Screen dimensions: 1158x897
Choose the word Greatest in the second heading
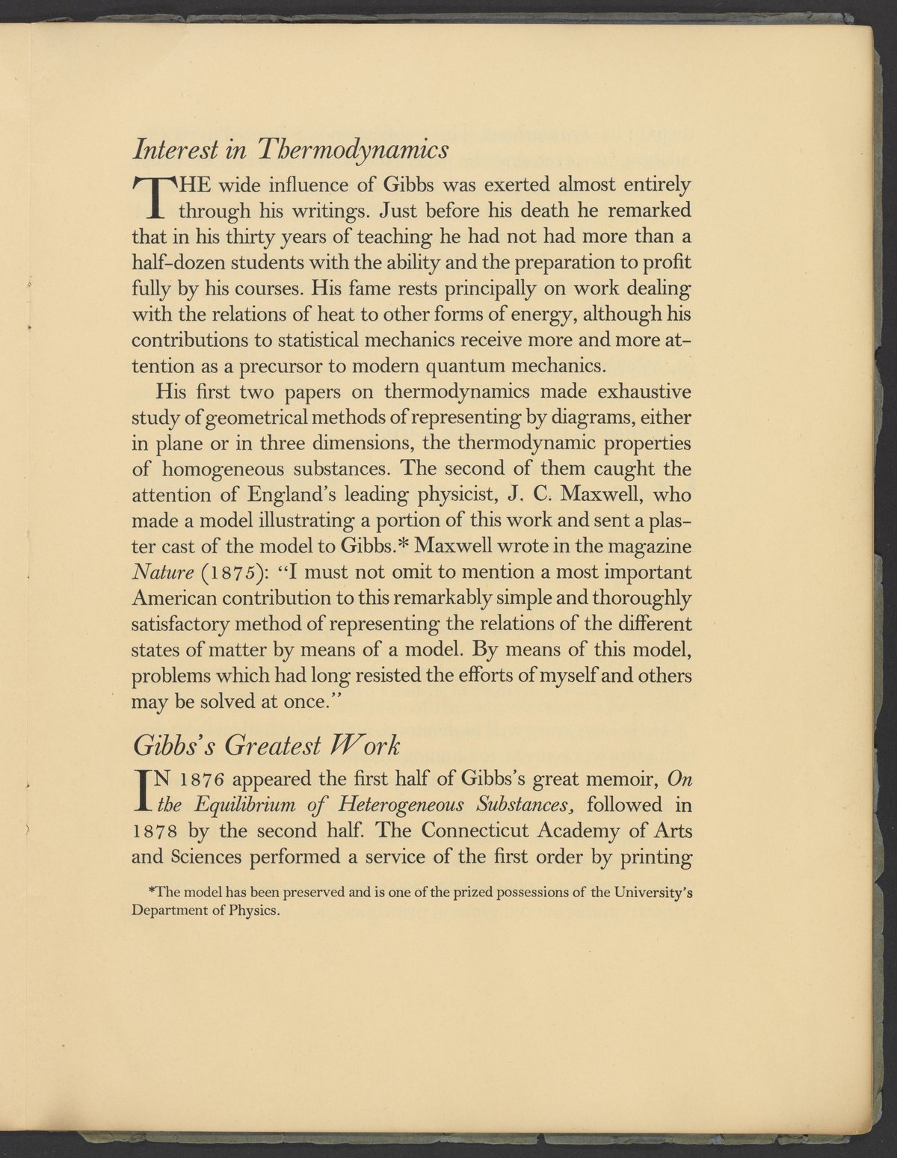[274, 745]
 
